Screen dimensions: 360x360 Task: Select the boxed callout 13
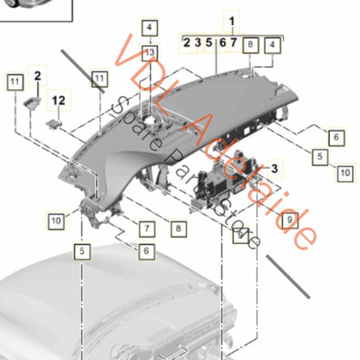pyautogui.click(x=150, y=53)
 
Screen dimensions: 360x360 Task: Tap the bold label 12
pyautogui.click(x=59, y=100)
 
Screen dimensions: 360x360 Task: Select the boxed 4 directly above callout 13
pyautogui.click(x=149, y=28)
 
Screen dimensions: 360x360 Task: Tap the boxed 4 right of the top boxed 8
pyautogui.click(x=273, y=42)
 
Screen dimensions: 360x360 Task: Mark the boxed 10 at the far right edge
pyautogui.click(x=345, y=173)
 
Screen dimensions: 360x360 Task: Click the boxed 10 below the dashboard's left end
pyautogui.click(x=80, y=222)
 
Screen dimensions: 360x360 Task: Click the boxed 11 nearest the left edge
pyautogui.click(x=14, y=81)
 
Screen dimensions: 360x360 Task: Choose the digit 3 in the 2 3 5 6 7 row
pyautogui.click(x=197, y=42)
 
